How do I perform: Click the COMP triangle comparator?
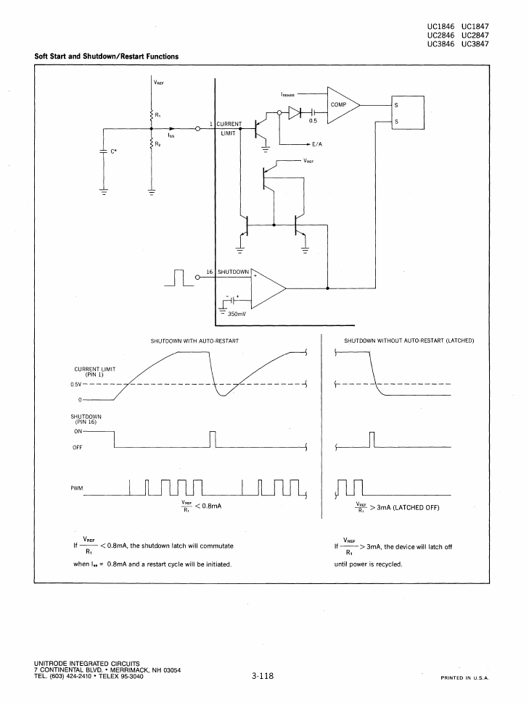tap(343, 105)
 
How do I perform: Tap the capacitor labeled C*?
tap(104, 151)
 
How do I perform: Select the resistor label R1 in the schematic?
tap(158, 115)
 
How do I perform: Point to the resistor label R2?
tap(158, 144)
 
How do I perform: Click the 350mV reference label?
tap(237, 314)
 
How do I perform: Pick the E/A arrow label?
tap(317, 144)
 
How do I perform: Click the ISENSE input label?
tap(287, 95)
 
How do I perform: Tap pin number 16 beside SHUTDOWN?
tap(209, 272)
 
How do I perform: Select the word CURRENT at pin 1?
tap(229, 124)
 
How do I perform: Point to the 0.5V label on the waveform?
tap(75, 385)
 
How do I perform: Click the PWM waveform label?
tap(76, 488)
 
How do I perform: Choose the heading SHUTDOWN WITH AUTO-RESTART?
tap(194, 341)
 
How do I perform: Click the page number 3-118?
tap(263, 676)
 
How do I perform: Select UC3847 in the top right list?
tap(475, 44)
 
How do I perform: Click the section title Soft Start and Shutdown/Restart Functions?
tap(106, 57)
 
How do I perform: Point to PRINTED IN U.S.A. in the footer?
tap(465, 678)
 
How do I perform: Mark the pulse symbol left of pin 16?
tap(179, 278)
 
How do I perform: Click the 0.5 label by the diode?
tap(313, 120)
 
